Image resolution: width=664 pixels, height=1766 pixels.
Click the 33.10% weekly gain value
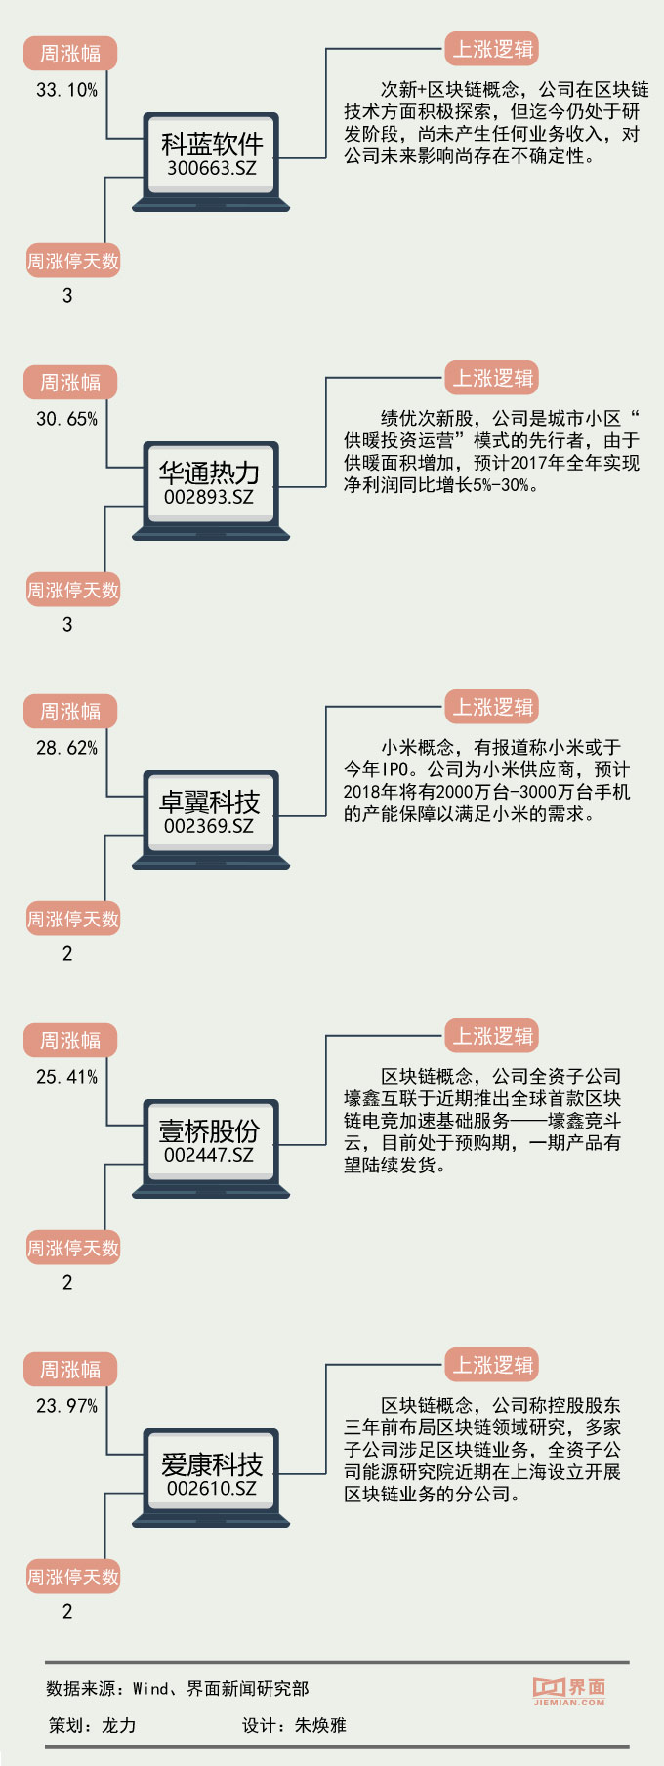(x=66, y=90)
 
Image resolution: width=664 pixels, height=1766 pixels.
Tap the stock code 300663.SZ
(x=211, y=168)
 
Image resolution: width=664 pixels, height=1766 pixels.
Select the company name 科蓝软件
(x=211, y=144)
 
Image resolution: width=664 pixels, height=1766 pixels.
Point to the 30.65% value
(x=66, y=419)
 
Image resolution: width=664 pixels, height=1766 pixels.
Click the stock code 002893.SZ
(x=209, y=497)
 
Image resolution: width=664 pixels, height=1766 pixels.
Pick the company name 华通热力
(x=209, y=472)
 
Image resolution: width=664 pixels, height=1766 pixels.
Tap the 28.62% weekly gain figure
(x=66, y=748)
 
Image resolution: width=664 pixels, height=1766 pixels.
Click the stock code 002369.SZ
(x=209, y=826)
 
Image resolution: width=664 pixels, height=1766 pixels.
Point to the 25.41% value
(x=66, y=1077)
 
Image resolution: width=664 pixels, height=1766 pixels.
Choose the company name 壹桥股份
(x=209, y=1130)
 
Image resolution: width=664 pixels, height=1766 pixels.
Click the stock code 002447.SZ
(x=209, y=1155)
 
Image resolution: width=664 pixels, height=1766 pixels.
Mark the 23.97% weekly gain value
(x=66, y=1406)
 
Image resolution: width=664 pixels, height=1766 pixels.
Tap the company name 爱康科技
(x=211, y=1463)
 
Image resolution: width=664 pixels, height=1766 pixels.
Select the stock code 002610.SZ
(x=211, y=1488)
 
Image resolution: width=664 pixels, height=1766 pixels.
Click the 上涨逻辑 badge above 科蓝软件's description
(x=492, y=49)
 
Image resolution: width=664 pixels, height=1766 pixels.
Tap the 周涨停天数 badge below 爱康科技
(x=73, y=1577)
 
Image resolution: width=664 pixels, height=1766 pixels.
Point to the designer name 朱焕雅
(x=320, y=1725)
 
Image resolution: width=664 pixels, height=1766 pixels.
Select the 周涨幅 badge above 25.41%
(x=70, y=1041)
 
